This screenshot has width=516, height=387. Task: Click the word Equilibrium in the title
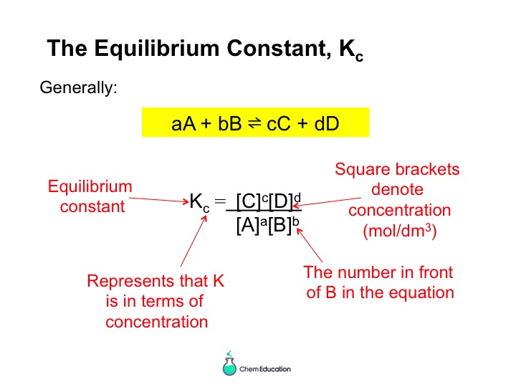pos(157,48)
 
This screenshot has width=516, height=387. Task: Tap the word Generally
pos(78,88)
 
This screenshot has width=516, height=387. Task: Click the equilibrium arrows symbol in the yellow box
pos(254,123)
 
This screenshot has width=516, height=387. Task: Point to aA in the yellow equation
pos(183,124)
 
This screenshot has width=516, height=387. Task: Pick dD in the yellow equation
pos(327,124)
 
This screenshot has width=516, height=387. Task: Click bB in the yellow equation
pos(230,124)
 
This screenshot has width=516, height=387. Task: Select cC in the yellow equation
pos(279,124)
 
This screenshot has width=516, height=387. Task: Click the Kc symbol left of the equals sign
pos(199,201)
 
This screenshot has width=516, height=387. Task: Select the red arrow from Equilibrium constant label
pos(159,200)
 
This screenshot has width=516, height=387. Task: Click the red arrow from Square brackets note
pos(327,202)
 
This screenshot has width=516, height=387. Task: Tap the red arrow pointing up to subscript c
pos(193,241)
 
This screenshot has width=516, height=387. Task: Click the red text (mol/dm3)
pos(399,231)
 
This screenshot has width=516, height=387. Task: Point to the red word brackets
pos(427,169)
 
